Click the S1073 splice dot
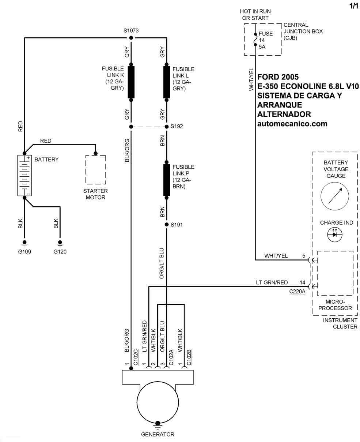click(x=131, y=38)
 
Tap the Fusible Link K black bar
click(x=131, y=82)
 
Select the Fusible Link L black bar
click(x=167, y=82)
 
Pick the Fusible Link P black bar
click(x=167, y=180)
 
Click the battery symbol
click(x=24, y=175)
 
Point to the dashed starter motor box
click(x=96, y=170)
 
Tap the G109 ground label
click(x=24, y=251)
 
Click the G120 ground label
click(x=60, y=251)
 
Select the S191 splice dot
click(x=167, y=224)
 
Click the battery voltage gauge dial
click(x=335, y=196)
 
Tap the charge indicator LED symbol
click(x=335, y=234)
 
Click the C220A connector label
click(x=297, y=292)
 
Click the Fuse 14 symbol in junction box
click(x=255, y=39)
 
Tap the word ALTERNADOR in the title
click(x=284, y=114)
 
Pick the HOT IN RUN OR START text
click(x=255, y=15)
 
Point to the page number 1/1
click(x=354, y=6)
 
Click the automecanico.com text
click(x=292, y=124)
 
